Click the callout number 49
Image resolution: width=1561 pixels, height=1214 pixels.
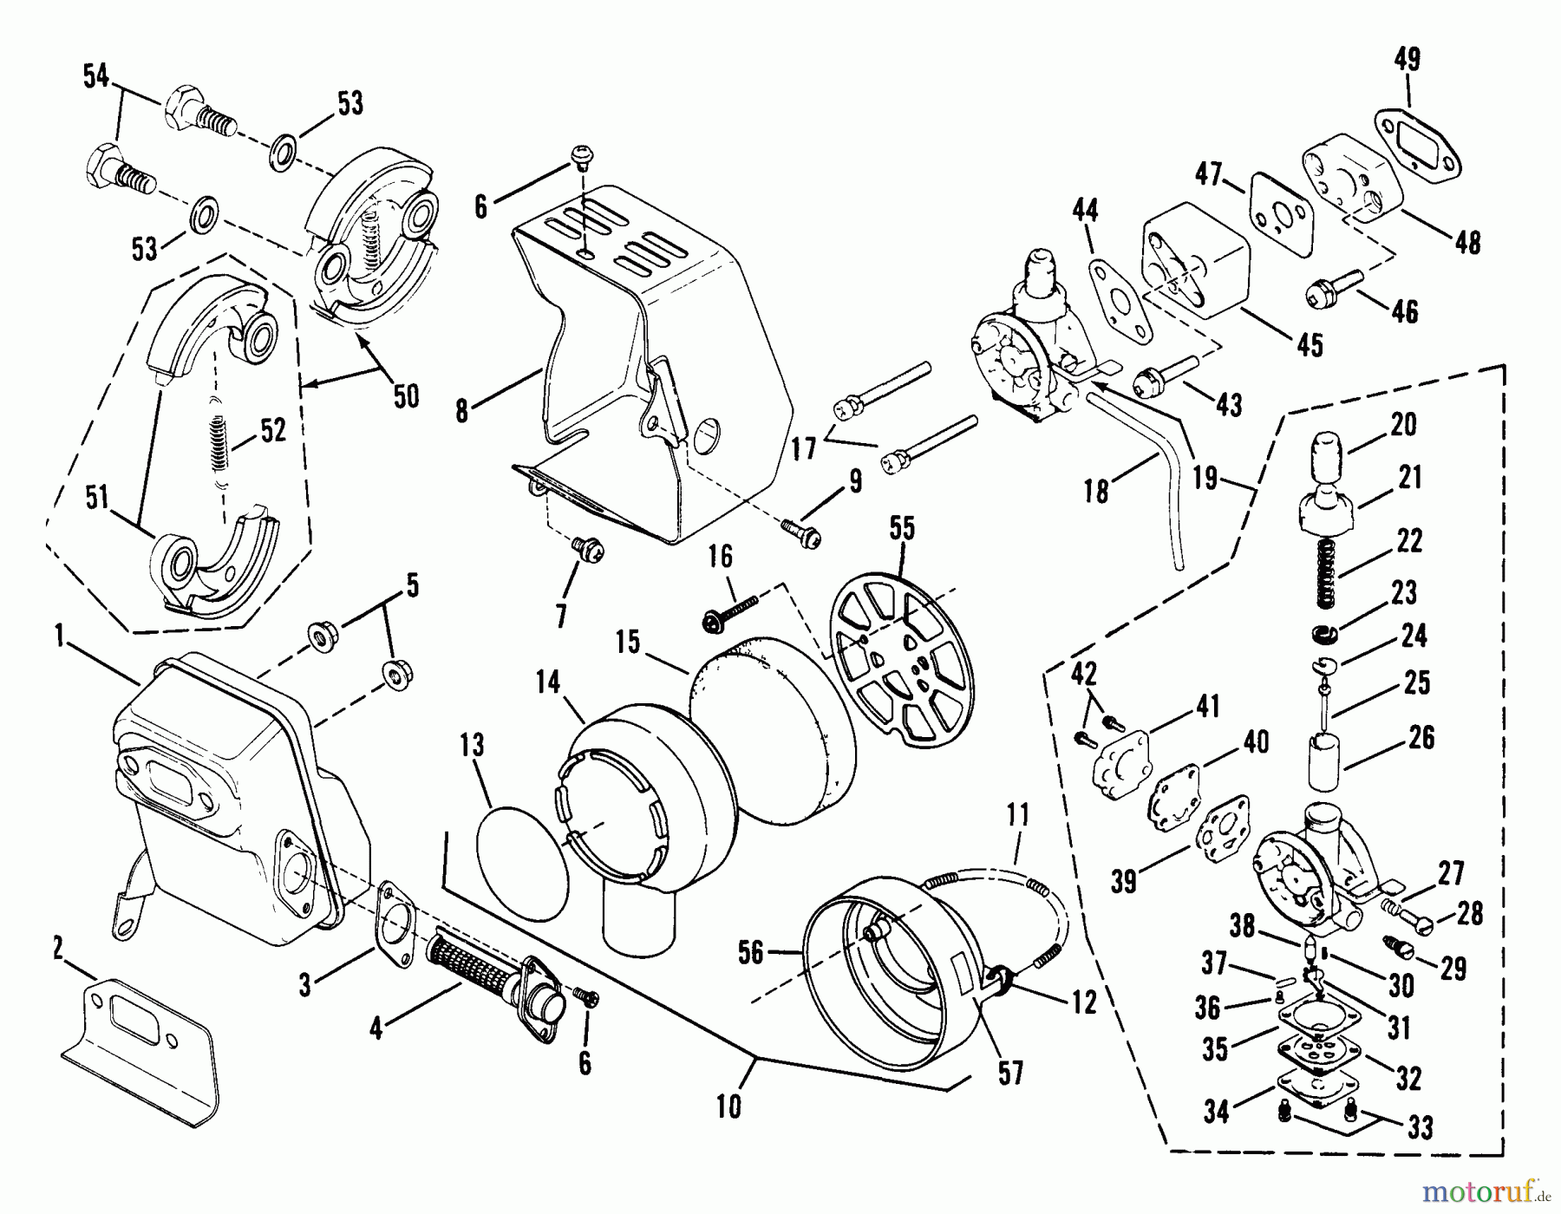1407,60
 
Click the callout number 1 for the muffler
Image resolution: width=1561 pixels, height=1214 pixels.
59,638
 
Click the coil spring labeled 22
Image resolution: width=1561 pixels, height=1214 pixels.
1325,572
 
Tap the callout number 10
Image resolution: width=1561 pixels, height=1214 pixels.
728,1107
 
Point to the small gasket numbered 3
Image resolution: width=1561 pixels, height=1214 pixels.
394,920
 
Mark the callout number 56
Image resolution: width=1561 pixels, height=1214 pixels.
750,953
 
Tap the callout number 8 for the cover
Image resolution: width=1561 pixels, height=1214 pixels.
462,410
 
